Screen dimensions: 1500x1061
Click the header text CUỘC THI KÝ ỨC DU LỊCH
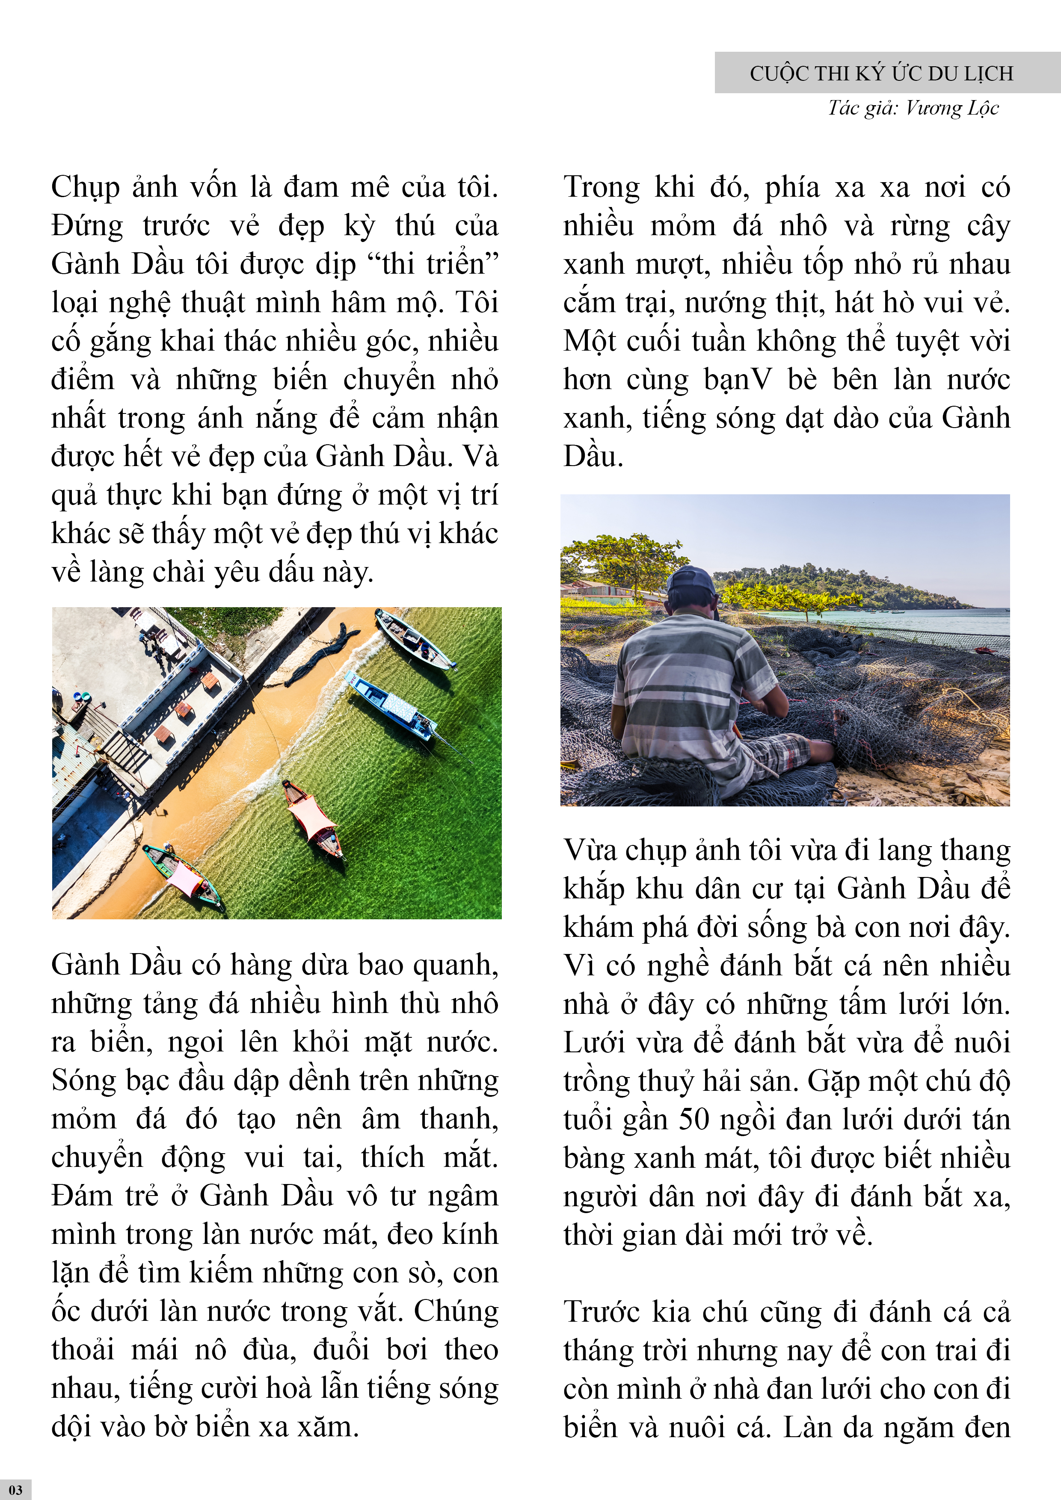pyautogui.click(x=881, y=73)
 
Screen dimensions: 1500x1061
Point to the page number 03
pyautogui.click(x=16, y=1490)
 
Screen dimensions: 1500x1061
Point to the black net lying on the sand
pyautogui.click(x=320, y=653)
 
